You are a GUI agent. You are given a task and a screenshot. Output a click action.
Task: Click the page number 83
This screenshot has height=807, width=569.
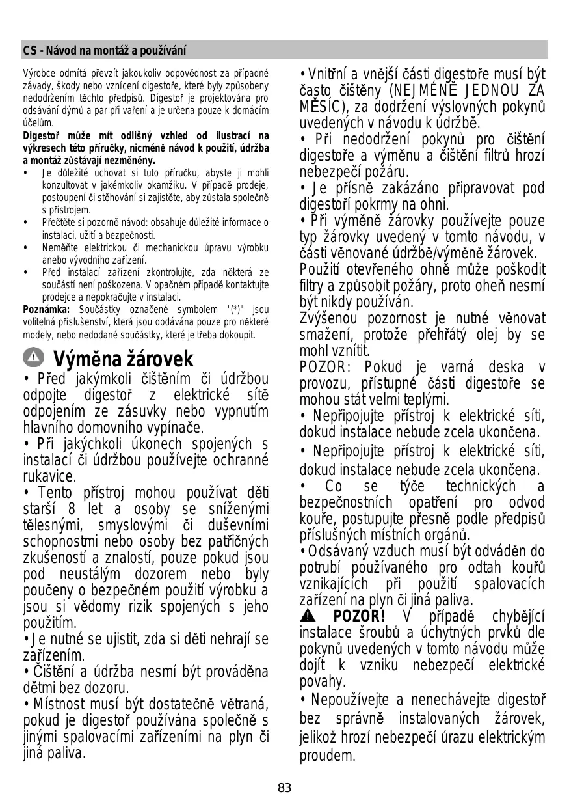[x=284, y=787]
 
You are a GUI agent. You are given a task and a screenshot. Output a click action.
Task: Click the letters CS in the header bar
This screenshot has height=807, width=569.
[x=29, y=50]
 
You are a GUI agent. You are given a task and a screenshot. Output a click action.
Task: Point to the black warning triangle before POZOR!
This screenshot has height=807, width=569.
[x=308, y=616]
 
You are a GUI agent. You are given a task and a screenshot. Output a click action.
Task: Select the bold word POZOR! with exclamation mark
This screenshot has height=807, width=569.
[x=359, y=616]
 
